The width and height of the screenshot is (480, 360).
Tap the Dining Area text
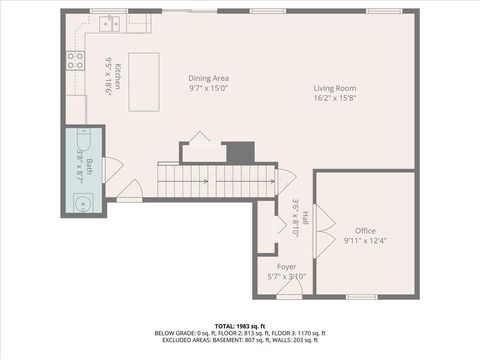[x=209, y=78]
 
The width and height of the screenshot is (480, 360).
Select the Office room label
[x=364, y=231]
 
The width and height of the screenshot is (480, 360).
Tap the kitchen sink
[x=107, y=21]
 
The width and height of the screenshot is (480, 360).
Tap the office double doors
[x=322, y=242]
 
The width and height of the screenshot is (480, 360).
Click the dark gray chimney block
[x=240, y=153]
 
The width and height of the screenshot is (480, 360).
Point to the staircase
[x=218, y=181]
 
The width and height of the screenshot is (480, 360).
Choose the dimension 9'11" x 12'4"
[x=364, y=240]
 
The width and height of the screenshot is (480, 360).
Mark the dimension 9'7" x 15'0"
[x=209, y=87]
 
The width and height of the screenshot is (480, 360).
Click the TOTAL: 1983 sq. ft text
[x=240, y=326]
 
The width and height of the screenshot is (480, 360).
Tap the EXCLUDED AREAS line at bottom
[x=240, y=340]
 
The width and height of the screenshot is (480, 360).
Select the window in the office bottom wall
[x=361, y=296]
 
